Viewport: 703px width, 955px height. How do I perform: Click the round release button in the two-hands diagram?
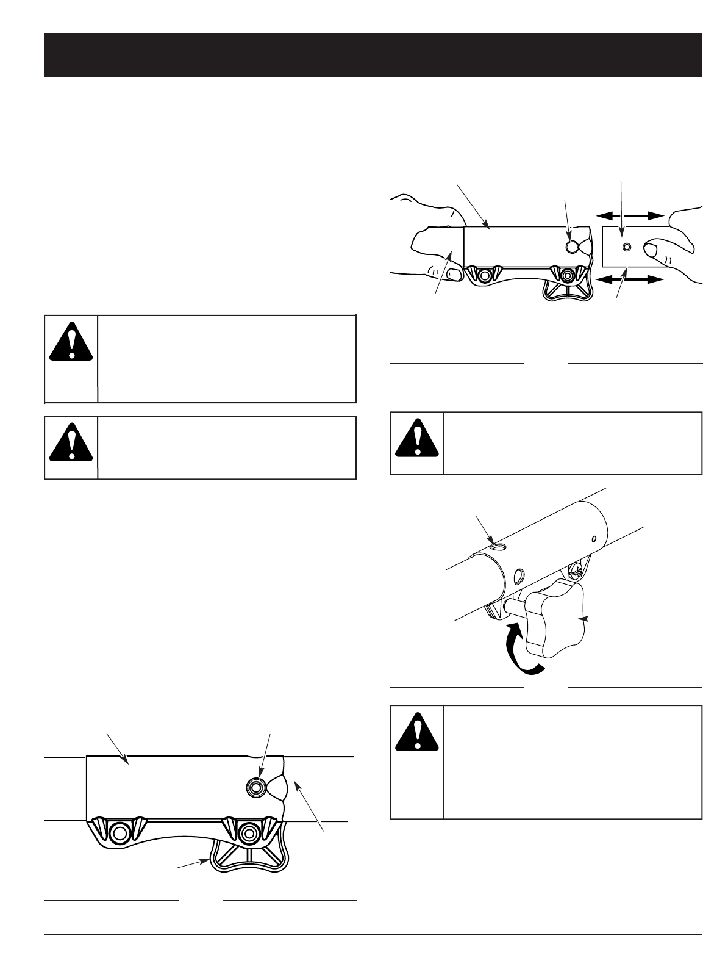pos(572,247)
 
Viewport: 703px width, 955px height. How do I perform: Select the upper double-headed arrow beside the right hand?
pos(629,215)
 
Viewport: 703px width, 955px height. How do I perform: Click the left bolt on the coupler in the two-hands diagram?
pos(485,275)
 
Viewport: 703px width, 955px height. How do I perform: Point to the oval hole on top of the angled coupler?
pos(499,547)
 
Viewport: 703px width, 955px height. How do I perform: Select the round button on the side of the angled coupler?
pos(519,575)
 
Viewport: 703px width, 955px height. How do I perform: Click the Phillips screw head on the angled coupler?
pos(574,572)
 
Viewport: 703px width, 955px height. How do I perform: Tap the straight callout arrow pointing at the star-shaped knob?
pos(601,619)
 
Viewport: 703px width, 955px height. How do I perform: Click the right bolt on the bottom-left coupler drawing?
pos(249,832)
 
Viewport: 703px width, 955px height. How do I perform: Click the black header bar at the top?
pos(373,55)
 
